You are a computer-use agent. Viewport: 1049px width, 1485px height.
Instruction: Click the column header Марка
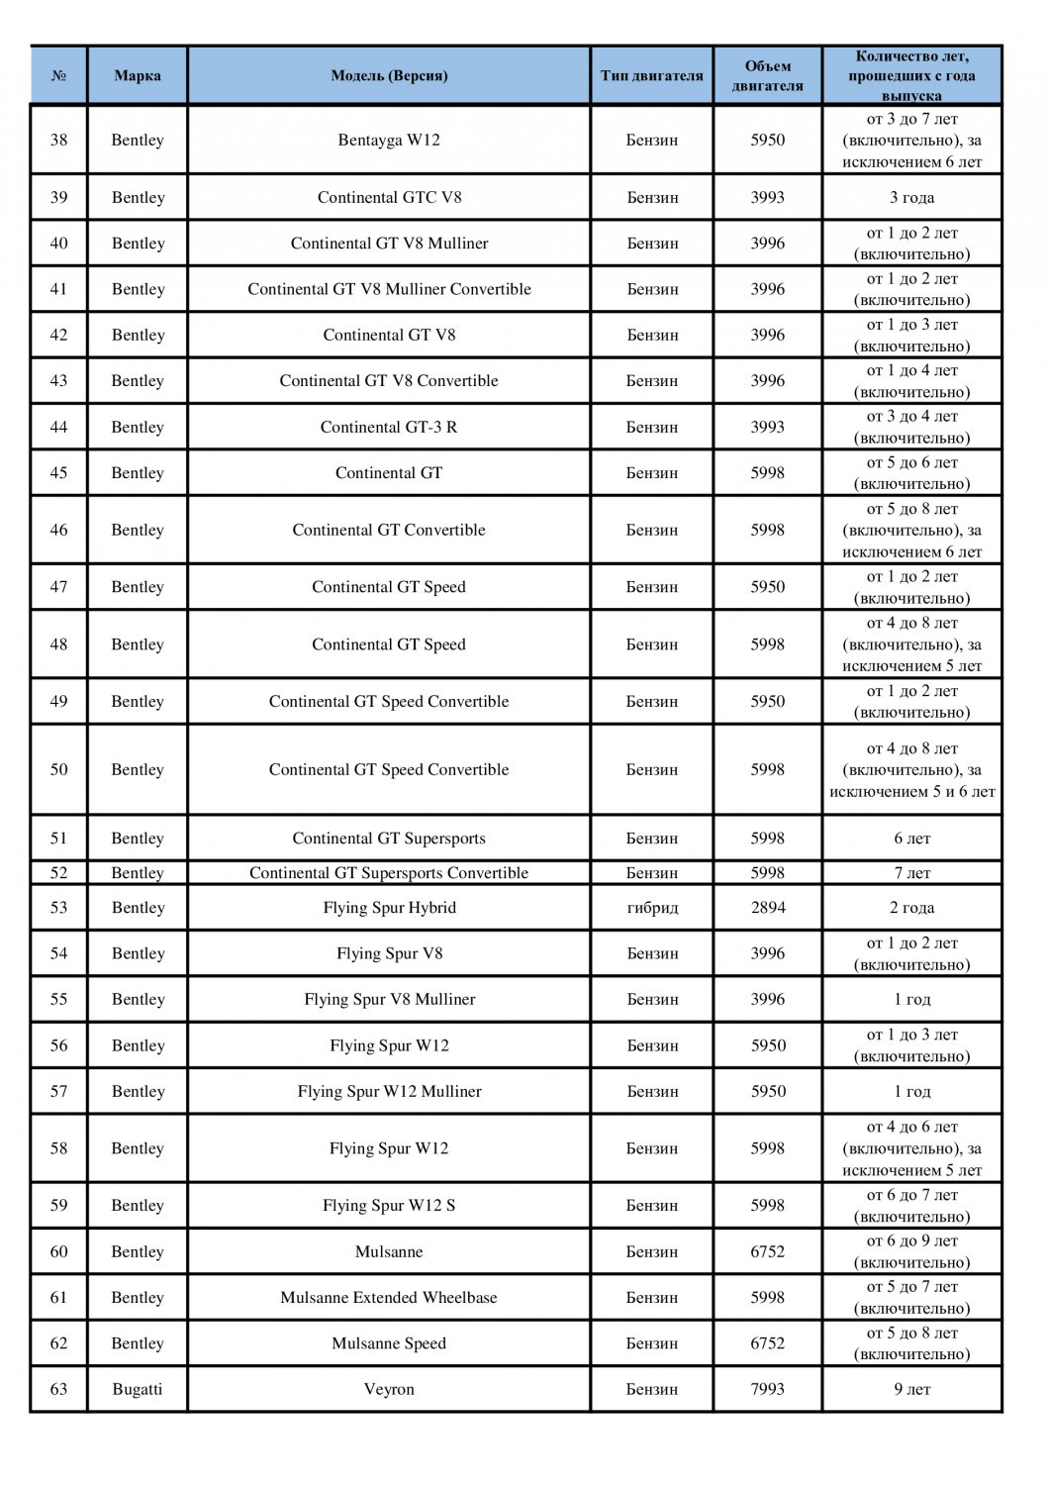(x=138, y=75)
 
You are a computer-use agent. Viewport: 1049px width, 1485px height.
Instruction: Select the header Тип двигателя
(x=651, y=75)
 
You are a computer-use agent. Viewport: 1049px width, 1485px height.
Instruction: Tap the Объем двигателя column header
(x=767, y=75)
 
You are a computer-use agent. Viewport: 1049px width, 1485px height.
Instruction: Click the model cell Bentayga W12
(x=389, y=140)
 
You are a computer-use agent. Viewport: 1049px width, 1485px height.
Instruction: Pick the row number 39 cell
(x=59, y=197)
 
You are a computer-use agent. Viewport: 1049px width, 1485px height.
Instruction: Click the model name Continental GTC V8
(x=389, y=197)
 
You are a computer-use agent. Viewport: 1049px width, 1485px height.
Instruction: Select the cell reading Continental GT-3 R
(x=389, y=427)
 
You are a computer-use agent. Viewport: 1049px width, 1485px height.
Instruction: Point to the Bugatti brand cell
(x=138, y=1389)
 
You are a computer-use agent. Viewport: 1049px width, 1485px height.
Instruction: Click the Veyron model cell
(x=389, y=1389)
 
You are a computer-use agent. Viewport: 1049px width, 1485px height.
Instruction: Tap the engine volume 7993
(x=767, y=1389)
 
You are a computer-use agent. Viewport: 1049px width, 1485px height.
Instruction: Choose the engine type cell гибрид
(x=652, y=907)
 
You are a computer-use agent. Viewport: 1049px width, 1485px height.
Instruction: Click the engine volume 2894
(x=767, y=907)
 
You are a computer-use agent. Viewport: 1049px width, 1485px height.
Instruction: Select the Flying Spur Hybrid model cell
(x=389, y=907)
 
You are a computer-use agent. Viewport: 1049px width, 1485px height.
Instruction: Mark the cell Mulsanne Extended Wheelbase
(x=389, y=1297)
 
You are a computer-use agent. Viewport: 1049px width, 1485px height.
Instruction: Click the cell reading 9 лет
(x=911, y=1389)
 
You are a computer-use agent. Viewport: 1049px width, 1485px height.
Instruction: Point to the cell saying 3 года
(x=911, y=197)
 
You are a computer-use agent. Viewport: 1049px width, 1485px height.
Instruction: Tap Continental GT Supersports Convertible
(x=389, y=872)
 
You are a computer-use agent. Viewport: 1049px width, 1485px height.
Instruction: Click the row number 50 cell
(x=59, y=769)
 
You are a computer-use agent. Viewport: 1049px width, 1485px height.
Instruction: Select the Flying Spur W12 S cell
(x=389, y=1205)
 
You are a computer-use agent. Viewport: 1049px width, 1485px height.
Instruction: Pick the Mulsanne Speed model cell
(x=389, y=1343)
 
